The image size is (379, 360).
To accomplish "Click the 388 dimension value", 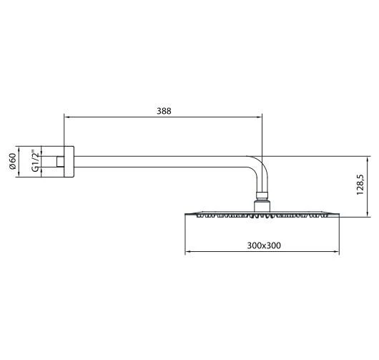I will pyautogui.click(x=164, y=111).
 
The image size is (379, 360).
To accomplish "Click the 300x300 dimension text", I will pyautogui.click(x=263, y=245).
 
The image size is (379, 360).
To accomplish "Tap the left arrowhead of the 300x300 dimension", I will pyautogui.click(x=188, y=250).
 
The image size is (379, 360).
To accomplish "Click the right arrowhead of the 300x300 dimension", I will pyautogui.click(x=339, y=250).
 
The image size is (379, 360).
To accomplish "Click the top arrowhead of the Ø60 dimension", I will pyautogui.click(x=21, y=147).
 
